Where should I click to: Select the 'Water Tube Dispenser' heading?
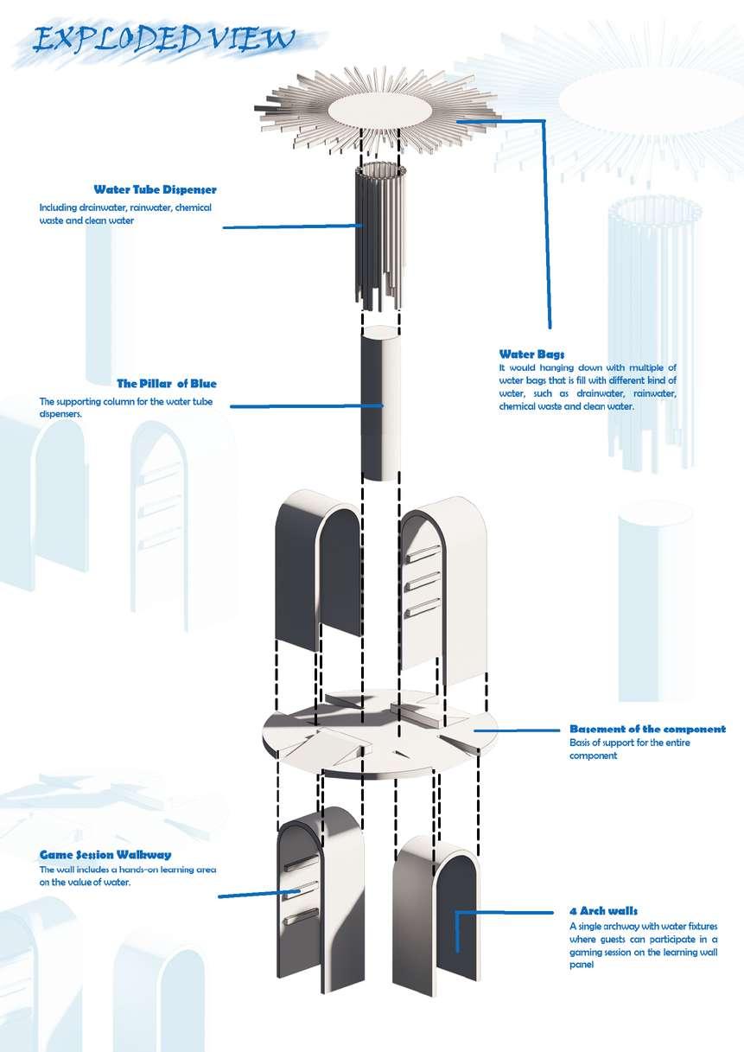[x=155, y=189]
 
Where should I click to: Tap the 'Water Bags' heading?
[x=531, y=354]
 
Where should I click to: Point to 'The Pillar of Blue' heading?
[x=167, y=383]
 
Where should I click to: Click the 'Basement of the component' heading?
[x=647, y=729]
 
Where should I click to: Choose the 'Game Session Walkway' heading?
[x=105, y=855]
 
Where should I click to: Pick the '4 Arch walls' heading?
[x=603, y=910]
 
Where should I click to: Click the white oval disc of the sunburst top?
[x=381, y=112]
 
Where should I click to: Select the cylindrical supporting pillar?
[x=380, y=406]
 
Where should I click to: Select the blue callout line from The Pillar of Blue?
[x=298, y=406]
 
